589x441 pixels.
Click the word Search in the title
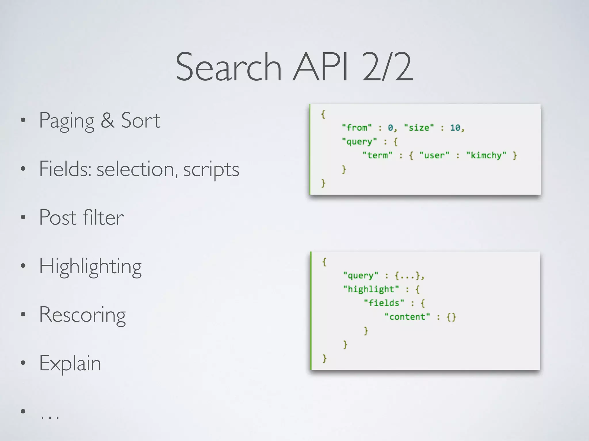pyautogui.click(x=228, y=67)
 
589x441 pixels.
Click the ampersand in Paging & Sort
pyautogui.click(x=108, y=121)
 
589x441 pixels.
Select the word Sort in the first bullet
pyautogui.click(x=141, y=121)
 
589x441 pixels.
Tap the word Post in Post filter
pyautogui.click(x=58, y=218)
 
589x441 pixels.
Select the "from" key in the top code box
pyautogui.click(x=357, y=127)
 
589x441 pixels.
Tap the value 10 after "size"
pyautogui.click(x=455, y=127)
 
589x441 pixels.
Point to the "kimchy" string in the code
pyautogui.click(x=486, y=155)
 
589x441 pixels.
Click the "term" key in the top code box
pyautogui.click(x=377, y=155)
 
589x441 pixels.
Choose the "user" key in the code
pyautogui.click(x=434, y=155)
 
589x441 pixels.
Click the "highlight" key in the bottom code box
pyautogui.click(x=371, y=289)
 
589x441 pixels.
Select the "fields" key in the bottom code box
pyautogui.click(x=384, y=303)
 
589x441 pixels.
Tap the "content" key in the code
pyautogui.click(x=407, y=317)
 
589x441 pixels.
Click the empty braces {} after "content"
pyautogui.click(x=451, y=317)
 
